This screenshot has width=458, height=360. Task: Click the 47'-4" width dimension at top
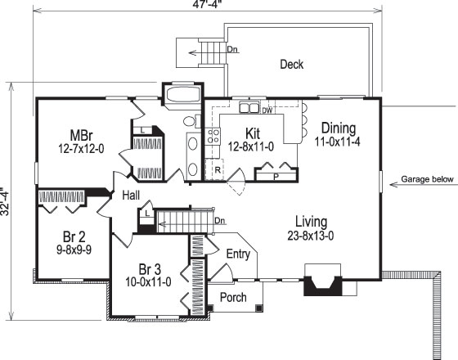(208, 5)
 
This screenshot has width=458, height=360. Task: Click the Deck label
(293, 65)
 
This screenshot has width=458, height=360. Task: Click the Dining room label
(339, 128)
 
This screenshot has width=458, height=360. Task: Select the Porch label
(233, 297)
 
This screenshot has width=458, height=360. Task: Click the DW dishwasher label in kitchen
(267, 110)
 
